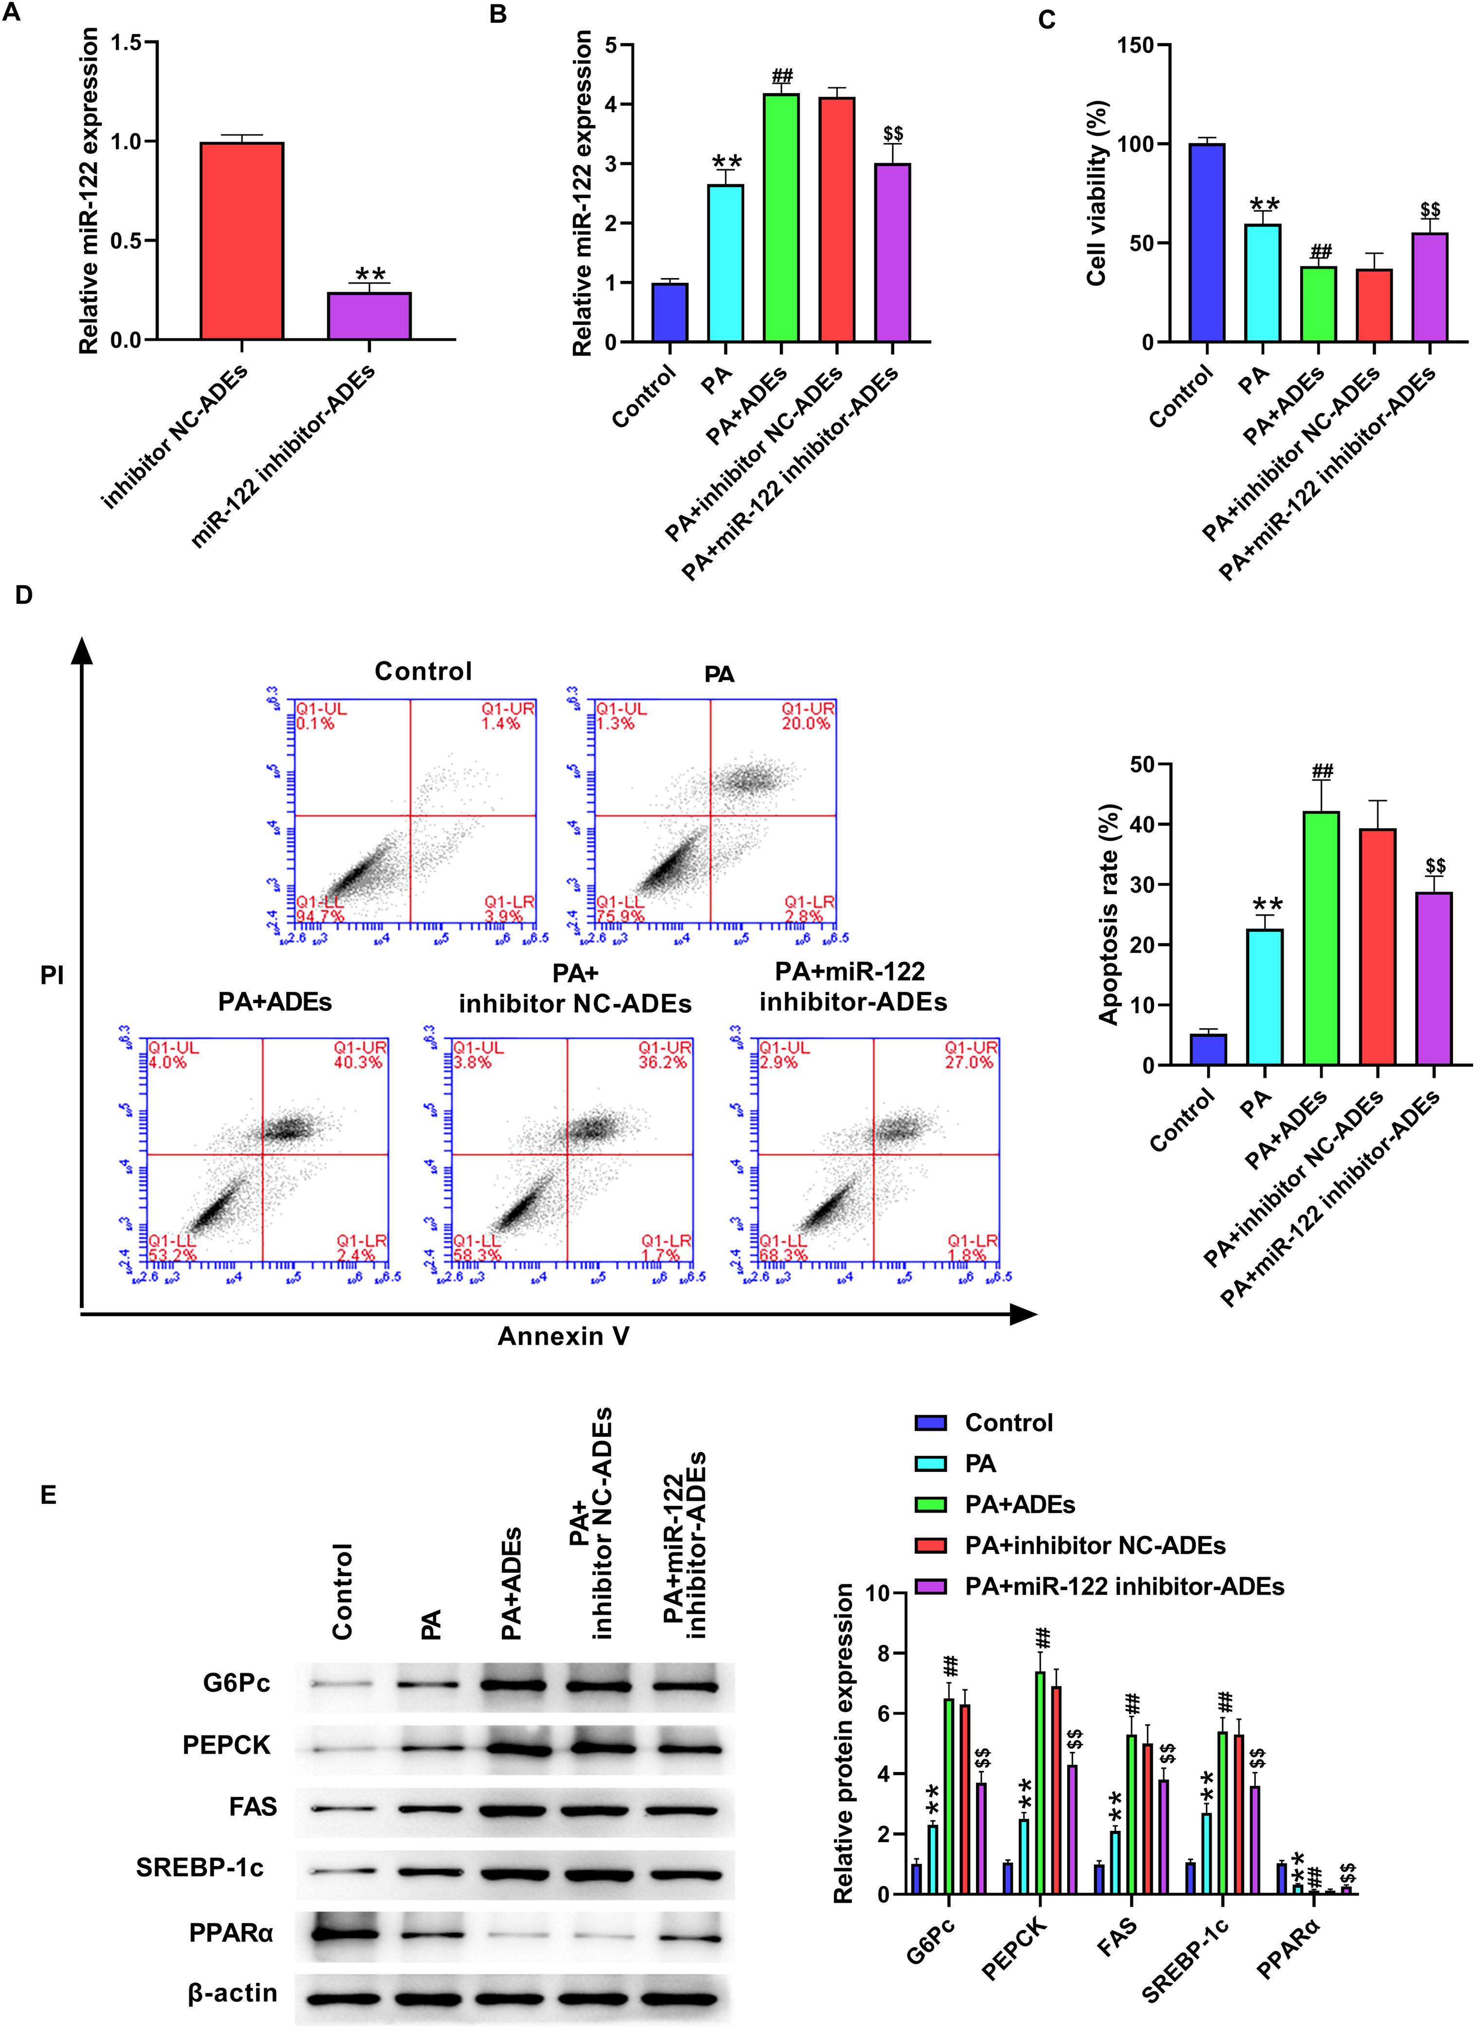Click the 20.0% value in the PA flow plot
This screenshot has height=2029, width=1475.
coord(806,724)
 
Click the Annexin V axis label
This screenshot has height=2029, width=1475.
coord(564,1337)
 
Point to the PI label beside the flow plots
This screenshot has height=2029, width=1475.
coord(52,976)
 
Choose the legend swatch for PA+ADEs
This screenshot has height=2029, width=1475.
coord(930,1505)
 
